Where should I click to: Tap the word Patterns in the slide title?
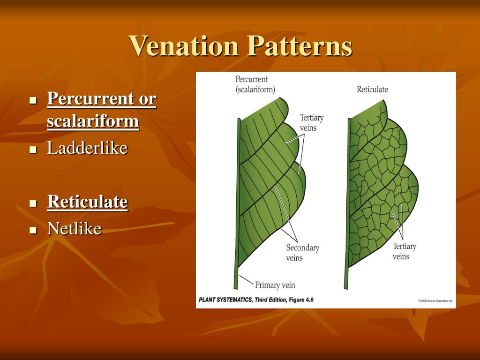300,46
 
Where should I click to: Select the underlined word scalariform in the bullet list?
93,121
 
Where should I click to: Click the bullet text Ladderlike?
87,148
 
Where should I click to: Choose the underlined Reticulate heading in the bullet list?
87,202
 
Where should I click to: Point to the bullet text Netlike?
74,229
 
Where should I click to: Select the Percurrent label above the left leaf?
252,79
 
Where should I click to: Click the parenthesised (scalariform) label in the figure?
255,89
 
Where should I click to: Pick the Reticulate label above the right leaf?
372,89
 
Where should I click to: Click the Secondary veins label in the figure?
302,253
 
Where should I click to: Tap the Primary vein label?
275,285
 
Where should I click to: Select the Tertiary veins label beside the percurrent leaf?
312,123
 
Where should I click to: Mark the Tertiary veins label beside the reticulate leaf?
404,251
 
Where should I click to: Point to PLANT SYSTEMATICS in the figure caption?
225,300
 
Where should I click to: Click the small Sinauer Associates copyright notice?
435,300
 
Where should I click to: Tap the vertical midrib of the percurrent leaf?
238,202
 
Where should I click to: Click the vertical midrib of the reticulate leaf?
347,202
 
